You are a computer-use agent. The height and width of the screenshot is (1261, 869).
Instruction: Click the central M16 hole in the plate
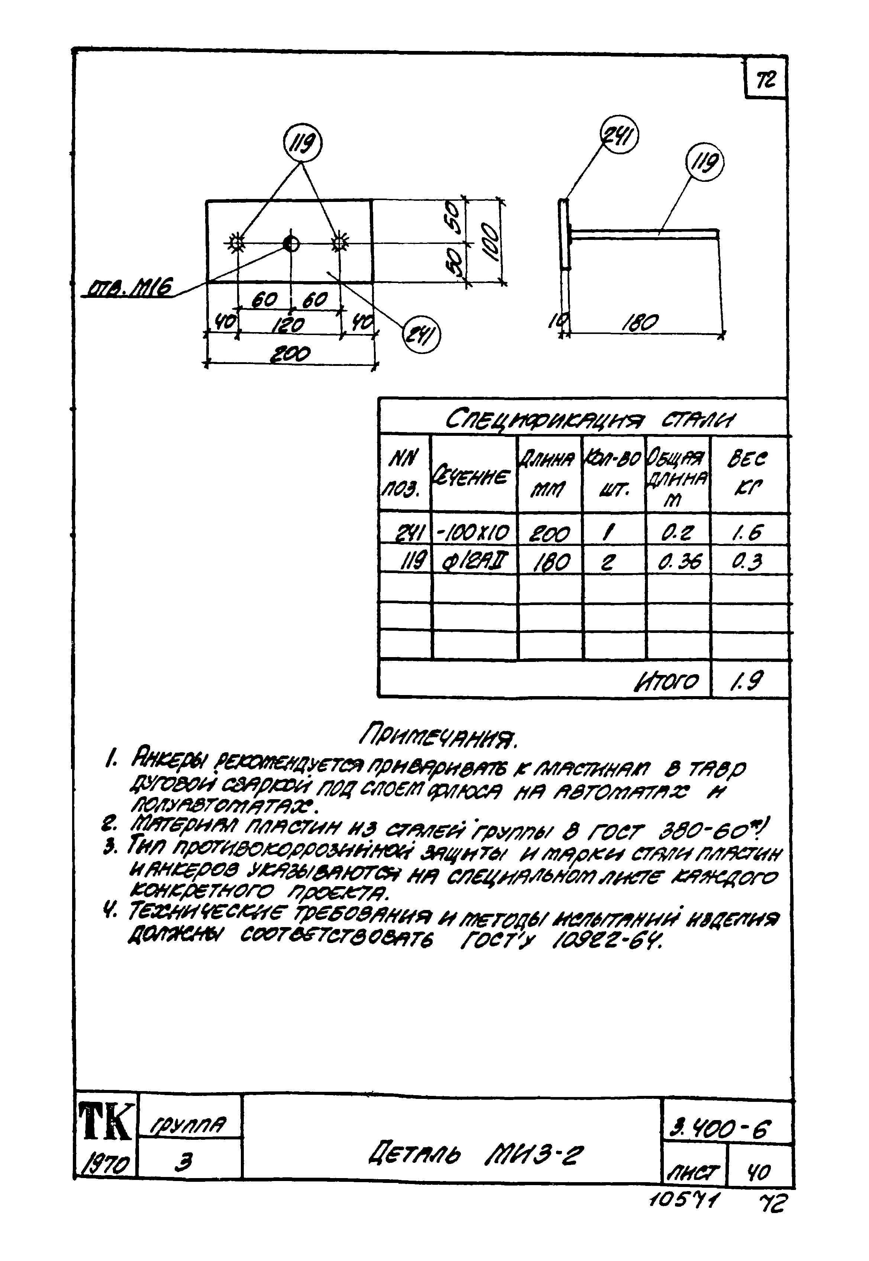291,244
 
